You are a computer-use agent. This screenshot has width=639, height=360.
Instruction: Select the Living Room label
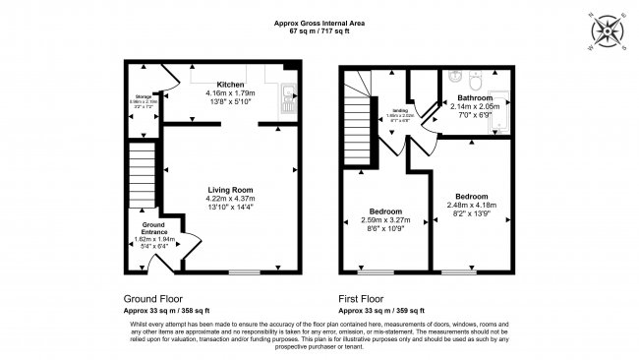230,190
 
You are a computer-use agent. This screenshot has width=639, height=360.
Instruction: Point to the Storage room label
144,95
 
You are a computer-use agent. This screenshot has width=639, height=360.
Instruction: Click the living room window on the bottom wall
245,270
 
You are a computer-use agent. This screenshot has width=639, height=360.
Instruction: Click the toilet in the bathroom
475,78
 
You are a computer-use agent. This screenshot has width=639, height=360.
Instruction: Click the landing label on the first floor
399,111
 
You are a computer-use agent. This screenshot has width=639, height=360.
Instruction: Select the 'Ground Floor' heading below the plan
151,298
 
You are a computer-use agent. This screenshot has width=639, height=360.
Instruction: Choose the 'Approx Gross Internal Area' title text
320,24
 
